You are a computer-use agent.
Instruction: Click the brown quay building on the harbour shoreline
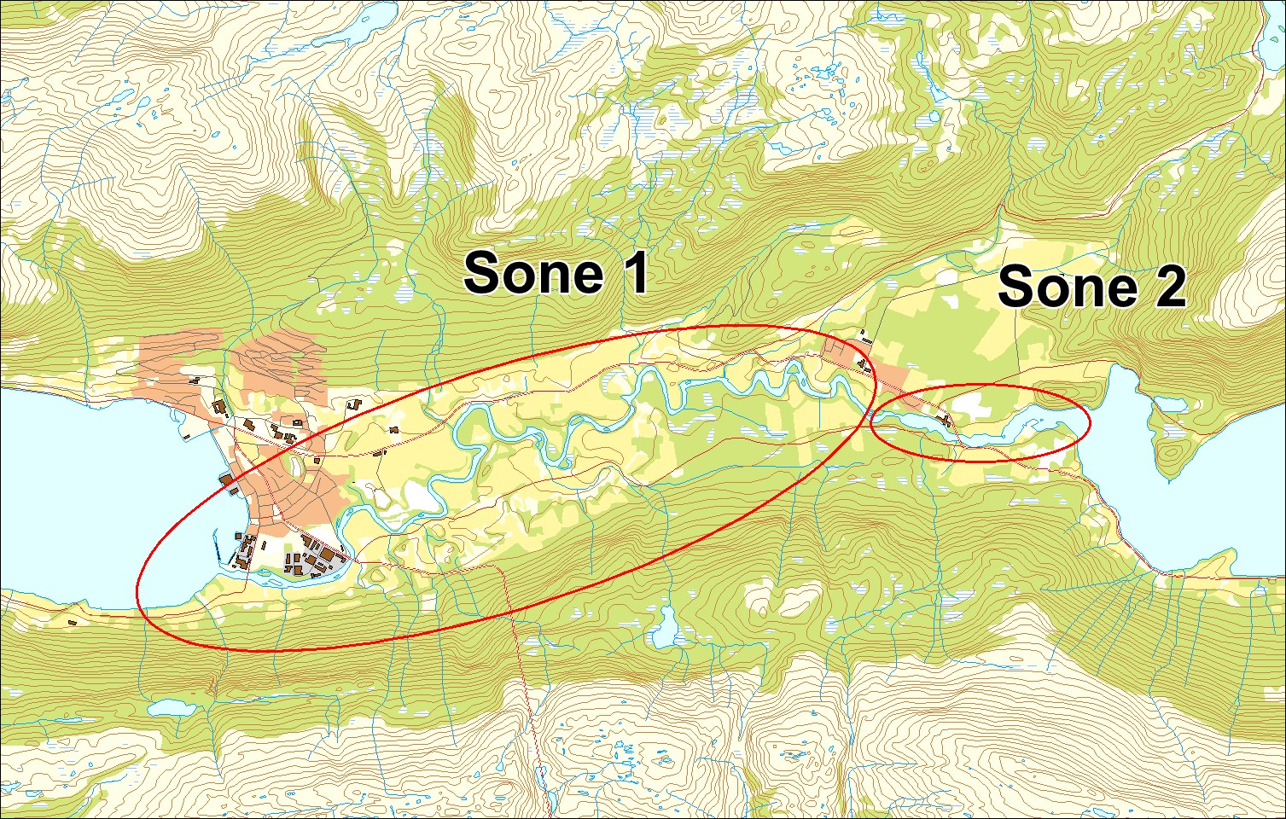[227, 482]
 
